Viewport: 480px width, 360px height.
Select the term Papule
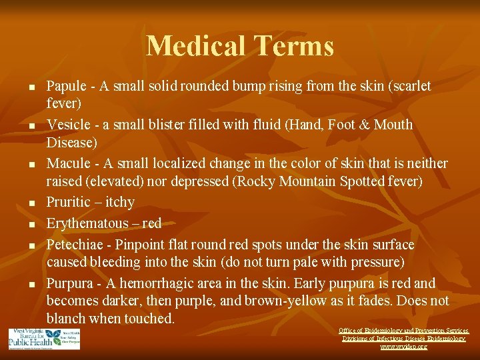coord(65,87)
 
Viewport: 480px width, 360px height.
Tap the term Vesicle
coord(67,125)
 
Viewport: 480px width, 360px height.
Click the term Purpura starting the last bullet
coord(69,283)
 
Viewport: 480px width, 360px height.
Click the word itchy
coord(120,203)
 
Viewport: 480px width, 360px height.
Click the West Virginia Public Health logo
coord(44,339)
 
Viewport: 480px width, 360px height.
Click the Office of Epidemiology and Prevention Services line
coord(403,331)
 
